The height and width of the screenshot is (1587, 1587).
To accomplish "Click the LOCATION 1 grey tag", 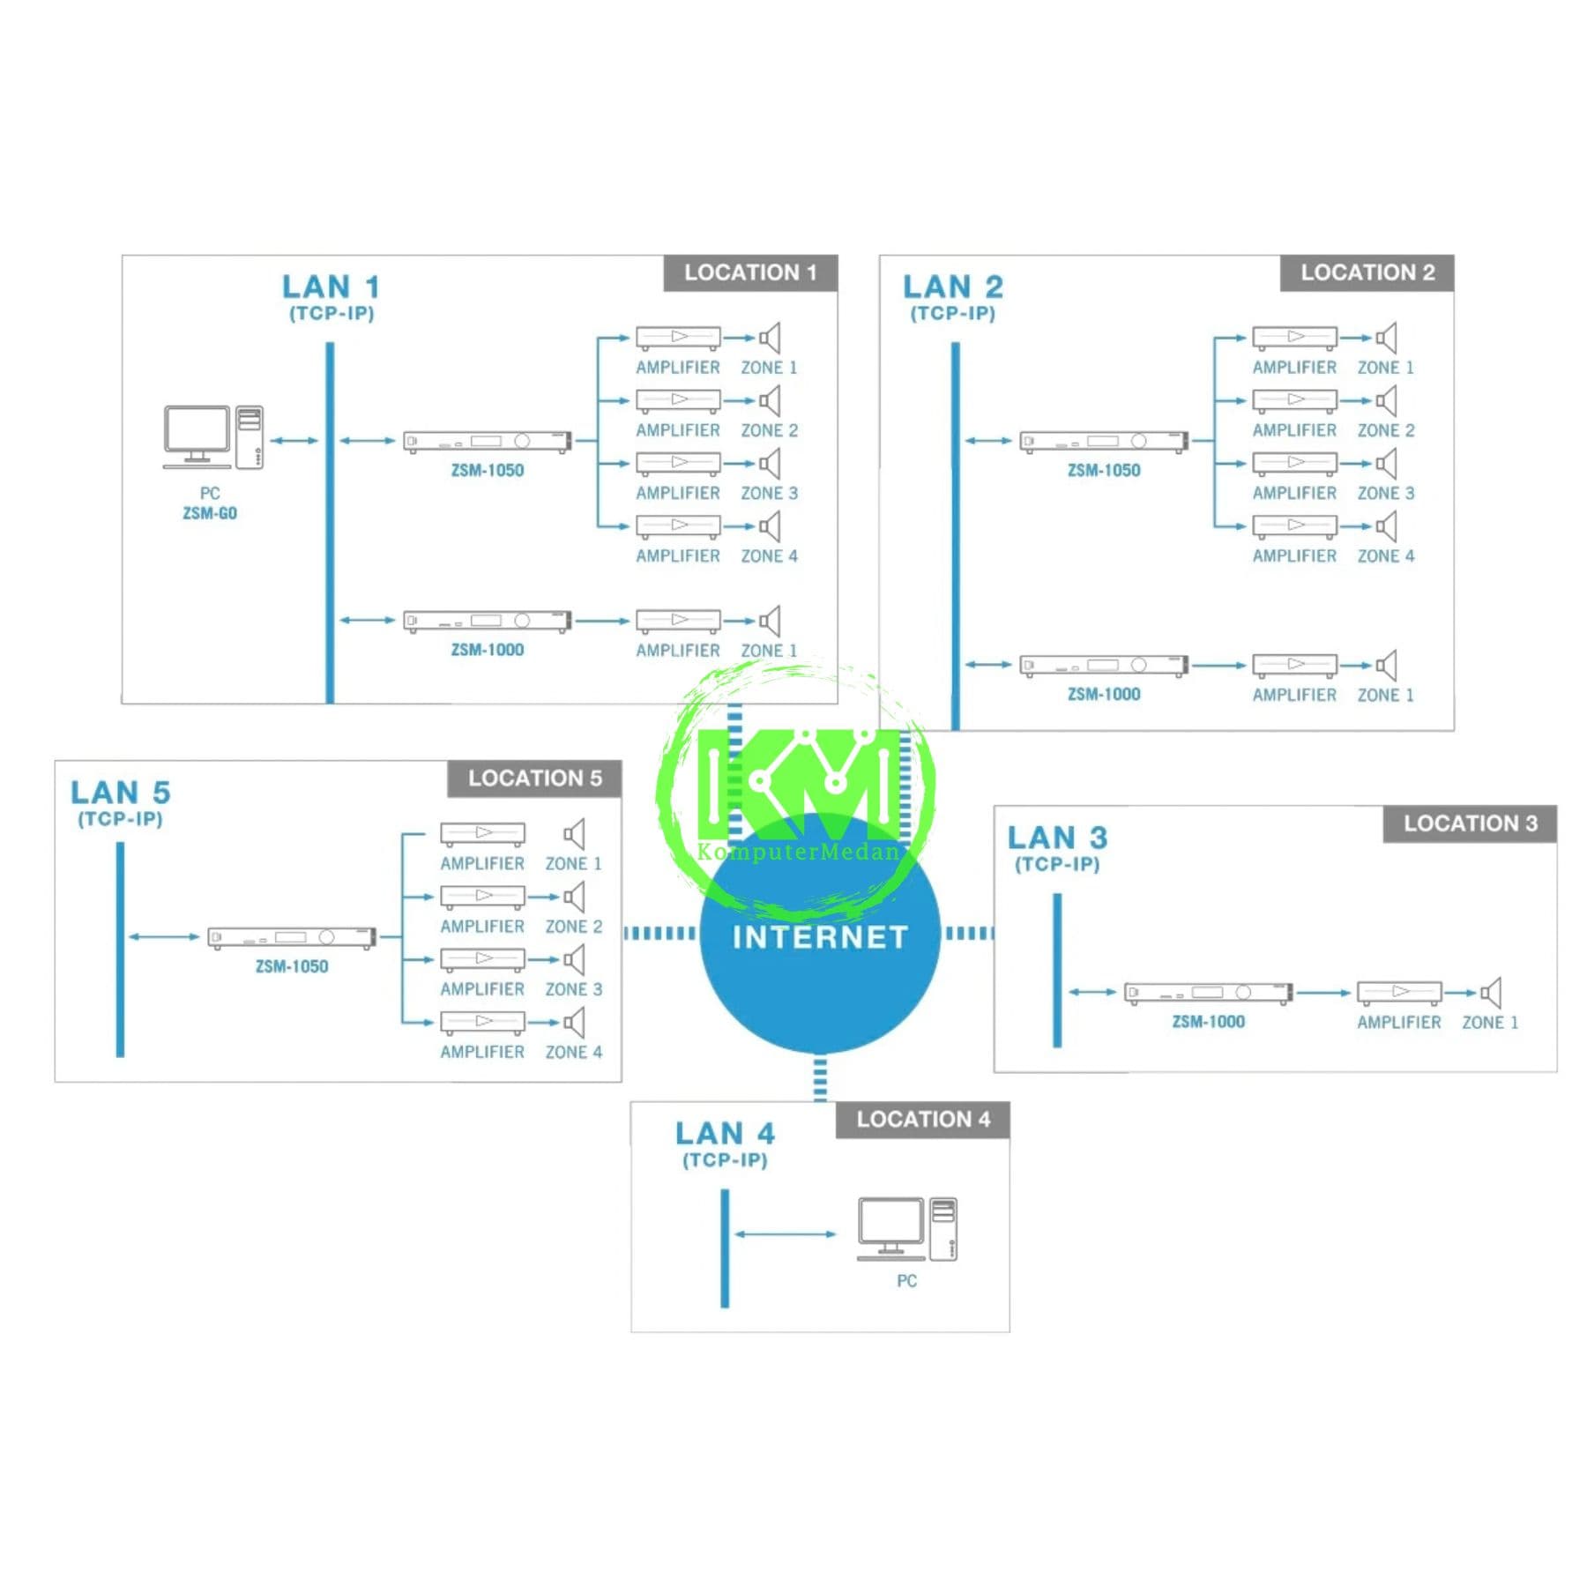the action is pos(750,273).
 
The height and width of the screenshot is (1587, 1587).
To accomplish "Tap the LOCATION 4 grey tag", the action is pos(923,1120).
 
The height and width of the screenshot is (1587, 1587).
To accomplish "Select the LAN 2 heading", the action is pos(953,287).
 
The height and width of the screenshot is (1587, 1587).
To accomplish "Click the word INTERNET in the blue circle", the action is pos(820,937).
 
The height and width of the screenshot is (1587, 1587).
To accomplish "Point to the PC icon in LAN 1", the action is pos(213,437).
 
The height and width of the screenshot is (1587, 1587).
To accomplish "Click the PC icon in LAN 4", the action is pos(907,1229).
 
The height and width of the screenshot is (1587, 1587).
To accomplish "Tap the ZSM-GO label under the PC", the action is pos(210,513).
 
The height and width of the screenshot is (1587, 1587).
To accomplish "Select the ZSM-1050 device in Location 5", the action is pos(292,937).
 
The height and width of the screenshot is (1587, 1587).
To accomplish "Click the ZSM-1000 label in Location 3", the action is pos(1208,1022).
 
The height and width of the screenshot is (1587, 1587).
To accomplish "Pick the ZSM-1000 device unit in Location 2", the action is pos(1104,666).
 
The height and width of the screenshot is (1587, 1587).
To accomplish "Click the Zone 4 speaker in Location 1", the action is pos(770,526).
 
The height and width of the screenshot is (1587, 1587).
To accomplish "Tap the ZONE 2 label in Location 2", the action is pos(1386,430).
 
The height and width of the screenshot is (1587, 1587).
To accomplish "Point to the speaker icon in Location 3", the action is pos(1491,993).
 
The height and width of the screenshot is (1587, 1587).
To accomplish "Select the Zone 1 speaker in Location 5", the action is pos(574,834).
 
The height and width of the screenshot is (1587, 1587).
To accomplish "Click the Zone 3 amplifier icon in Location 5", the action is pos(482,959).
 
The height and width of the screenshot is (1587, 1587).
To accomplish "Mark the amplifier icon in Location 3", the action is pos(1399,993).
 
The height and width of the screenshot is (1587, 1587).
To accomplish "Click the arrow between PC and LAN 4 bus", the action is pos(785,1234).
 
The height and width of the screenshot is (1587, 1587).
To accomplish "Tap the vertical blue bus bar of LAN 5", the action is pos(120,950).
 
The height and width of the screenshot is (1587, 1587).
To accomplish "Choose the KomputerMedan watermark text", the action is pos(799,852).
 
